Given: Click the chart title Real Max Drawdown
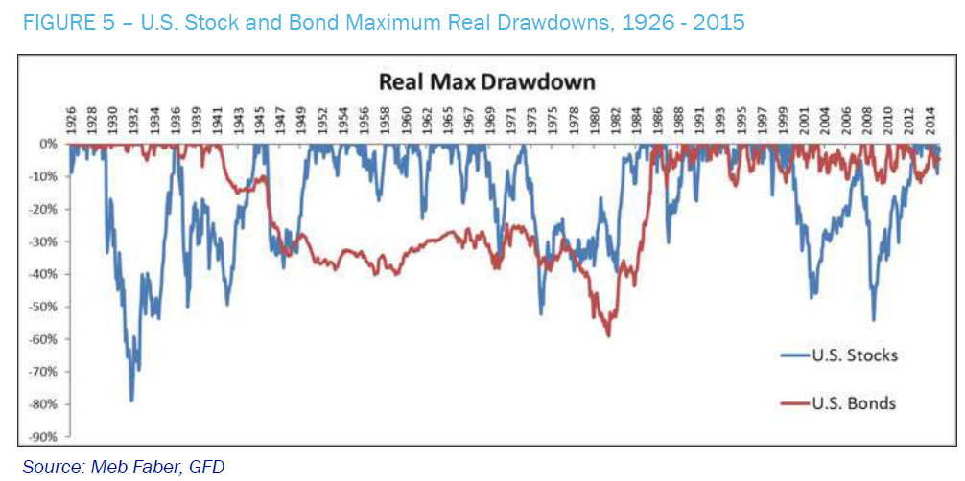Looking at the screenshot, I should pyautogui.click(x=487, y=81).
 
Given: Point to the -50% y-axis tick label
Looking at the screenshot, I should pyautogui.click(x=44, y=307).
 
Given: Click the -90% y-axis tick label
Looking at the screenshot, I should pyautogui.click(x=44, y=437).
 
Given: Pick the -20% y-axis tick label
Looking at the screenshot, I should pyautogui.click(x=44, y=209).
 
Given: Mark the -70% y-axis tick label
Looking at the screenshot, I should pyautogui.click(x=44, y=372).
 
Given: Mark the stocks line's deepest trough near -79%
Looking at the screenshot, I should pyautogui.click(x=131, y=401).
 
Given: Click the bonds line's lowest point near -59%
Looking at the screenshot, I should pyautogui.click(x=608, y=335).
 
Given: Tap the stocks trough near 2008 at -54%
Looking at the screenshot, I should pyautogui.click(x=873, y=320).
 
